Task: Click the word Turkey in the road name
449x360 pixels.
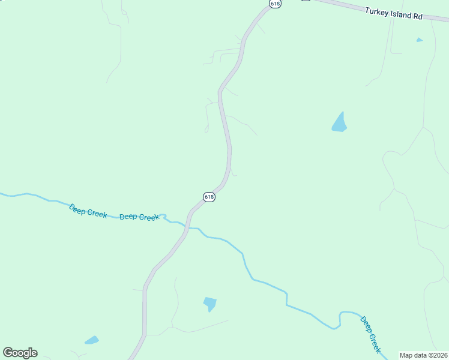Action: tap(376, 11)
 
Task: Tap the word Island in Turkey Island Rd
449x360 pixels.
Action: tap(402, 14)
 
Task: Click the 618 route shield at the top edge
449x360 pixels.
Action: tap(275, 3)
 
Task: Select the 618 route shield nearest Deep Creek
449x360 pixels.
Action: tap(209, 197)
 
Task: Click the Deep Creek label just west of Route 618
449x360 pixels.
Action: tap(139, 217)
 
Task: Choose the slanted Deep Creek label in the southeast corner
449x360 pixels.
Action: tap(371, 335)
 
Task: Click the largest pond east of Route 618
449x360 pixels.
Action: tap(340, 123)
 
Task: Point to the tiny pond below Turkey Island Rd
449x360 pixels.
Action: tap(419, 40)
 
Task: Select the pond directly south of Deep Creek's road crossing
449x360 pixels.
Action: tap(209, 304)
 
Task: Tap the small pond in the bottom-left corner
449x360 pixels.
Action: tap(92, 340)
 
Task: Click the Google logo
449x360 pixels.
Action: tap(20, 353)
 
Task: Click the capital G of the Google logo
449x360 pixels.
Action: tap(8, 353)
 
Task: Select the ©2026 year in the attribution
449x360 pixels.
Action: tap(438, 355)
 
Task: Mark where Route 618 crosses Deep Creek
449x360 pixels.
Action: tap(188, 227)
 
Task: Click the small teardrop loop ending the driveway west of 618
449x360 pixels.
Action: tap(206, 129)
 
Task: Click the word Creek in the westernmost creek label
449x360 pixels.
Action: tap(97, 212)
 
